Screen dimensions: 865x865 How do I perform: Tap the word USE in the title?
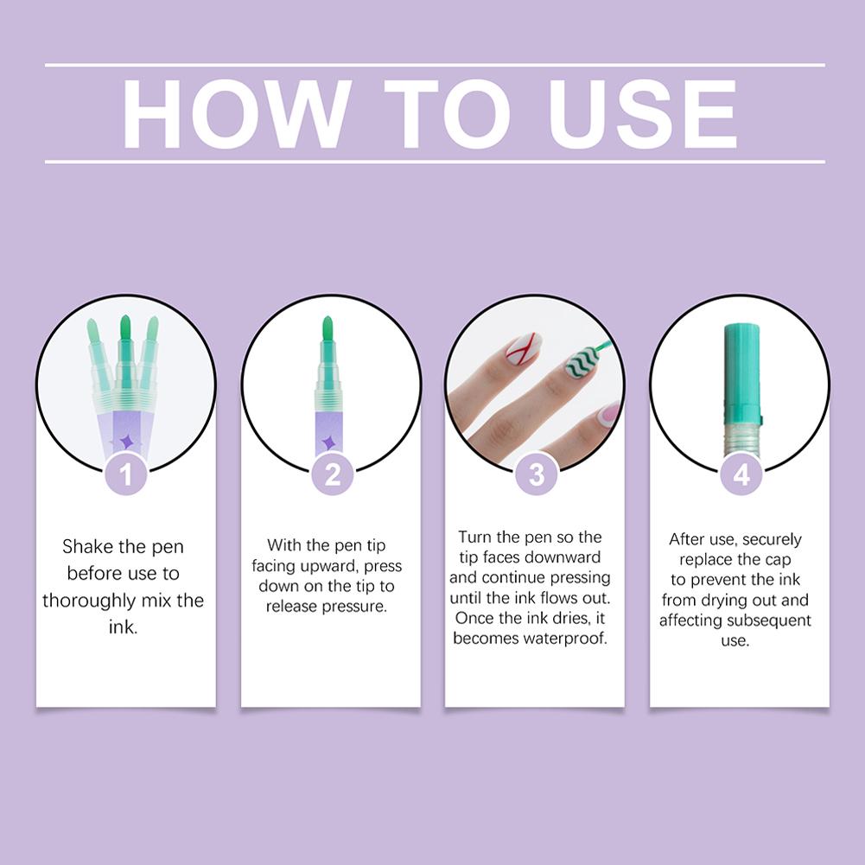coord(643,114)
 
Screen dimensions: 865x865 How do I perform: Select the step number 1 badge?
coord(126,474)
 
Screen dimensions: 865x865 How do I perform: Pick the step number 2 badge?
coord(332,474)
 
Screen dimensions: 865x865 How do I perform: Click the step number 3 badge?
coord(537,474)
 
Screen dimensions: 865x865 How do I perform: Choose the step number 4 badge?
coord(741,474)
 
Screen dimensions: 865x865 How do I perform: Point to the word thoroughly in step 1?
coord(89,601)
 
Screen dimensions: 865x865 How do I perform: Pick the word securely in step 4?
coord(771,539)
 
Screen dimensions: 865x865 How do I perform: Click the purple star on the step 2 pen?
coord(329,443)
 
